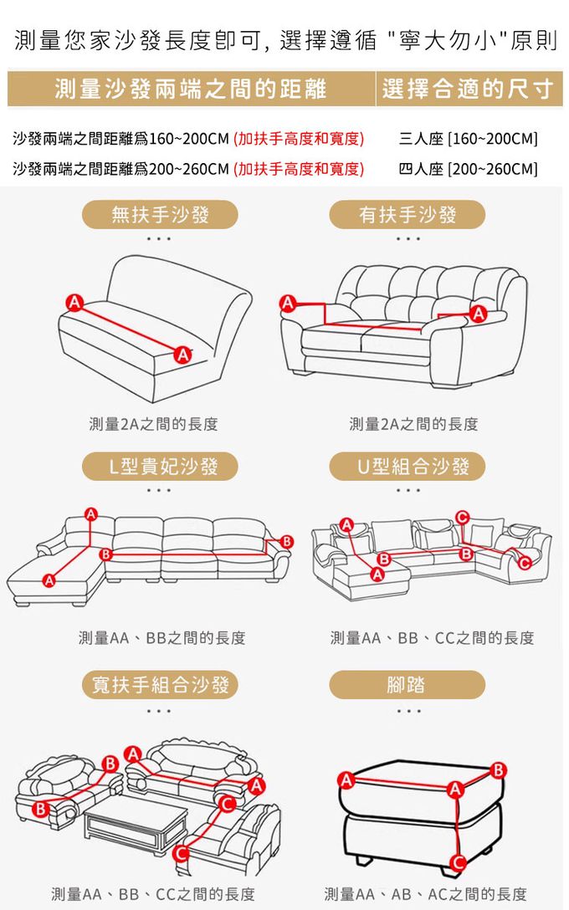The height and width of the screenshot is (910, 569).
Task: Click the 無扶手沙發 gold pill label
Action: [160, 215]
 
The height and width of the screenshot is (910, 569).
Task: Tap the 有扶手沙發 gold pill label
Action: [407, 215]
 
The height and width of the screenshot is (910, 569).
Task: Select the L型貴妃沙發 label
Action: [160, 466]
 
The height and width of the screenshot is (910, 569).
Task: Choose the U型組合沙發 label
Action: [407, 466]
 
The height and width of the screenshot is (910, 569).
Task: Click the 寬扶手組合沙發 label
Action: [160, 685]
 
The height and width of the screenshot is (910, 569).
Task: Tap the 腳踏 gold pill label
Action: [407, 685]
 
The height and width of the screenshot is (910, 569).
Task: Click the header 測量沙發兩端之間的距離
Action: [191, 88]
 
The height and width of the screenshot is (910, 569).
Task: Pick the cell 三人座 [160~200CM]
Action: [468, 139]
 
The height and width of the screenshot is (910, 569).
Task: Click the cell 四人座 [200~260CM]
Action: [468, 169]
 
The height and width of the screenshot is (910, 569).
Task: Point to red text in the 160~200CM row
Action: [299, 139]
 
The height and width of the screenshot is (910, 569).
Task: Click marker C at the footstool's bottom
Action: [458, 863]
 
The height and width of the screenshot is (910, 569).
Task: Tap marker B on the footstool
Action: [498, 770]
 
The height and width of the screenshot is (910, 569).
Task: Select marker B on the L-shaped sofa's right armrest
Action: [287, 541]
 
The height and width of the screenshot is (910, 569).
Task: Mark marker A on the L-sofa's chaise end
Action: [49, 580]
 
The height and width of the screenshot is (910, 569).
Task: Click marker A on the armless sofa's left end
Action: [74, 302]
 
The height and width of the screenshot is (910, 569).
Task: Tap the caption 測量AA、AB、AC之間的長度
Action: [426, 894]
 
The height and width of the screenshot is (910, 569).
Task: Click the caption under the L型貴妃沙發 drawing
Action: [162, 638]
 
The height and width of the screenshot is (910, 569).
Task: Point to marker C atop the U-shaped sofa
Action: [462, 517]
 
